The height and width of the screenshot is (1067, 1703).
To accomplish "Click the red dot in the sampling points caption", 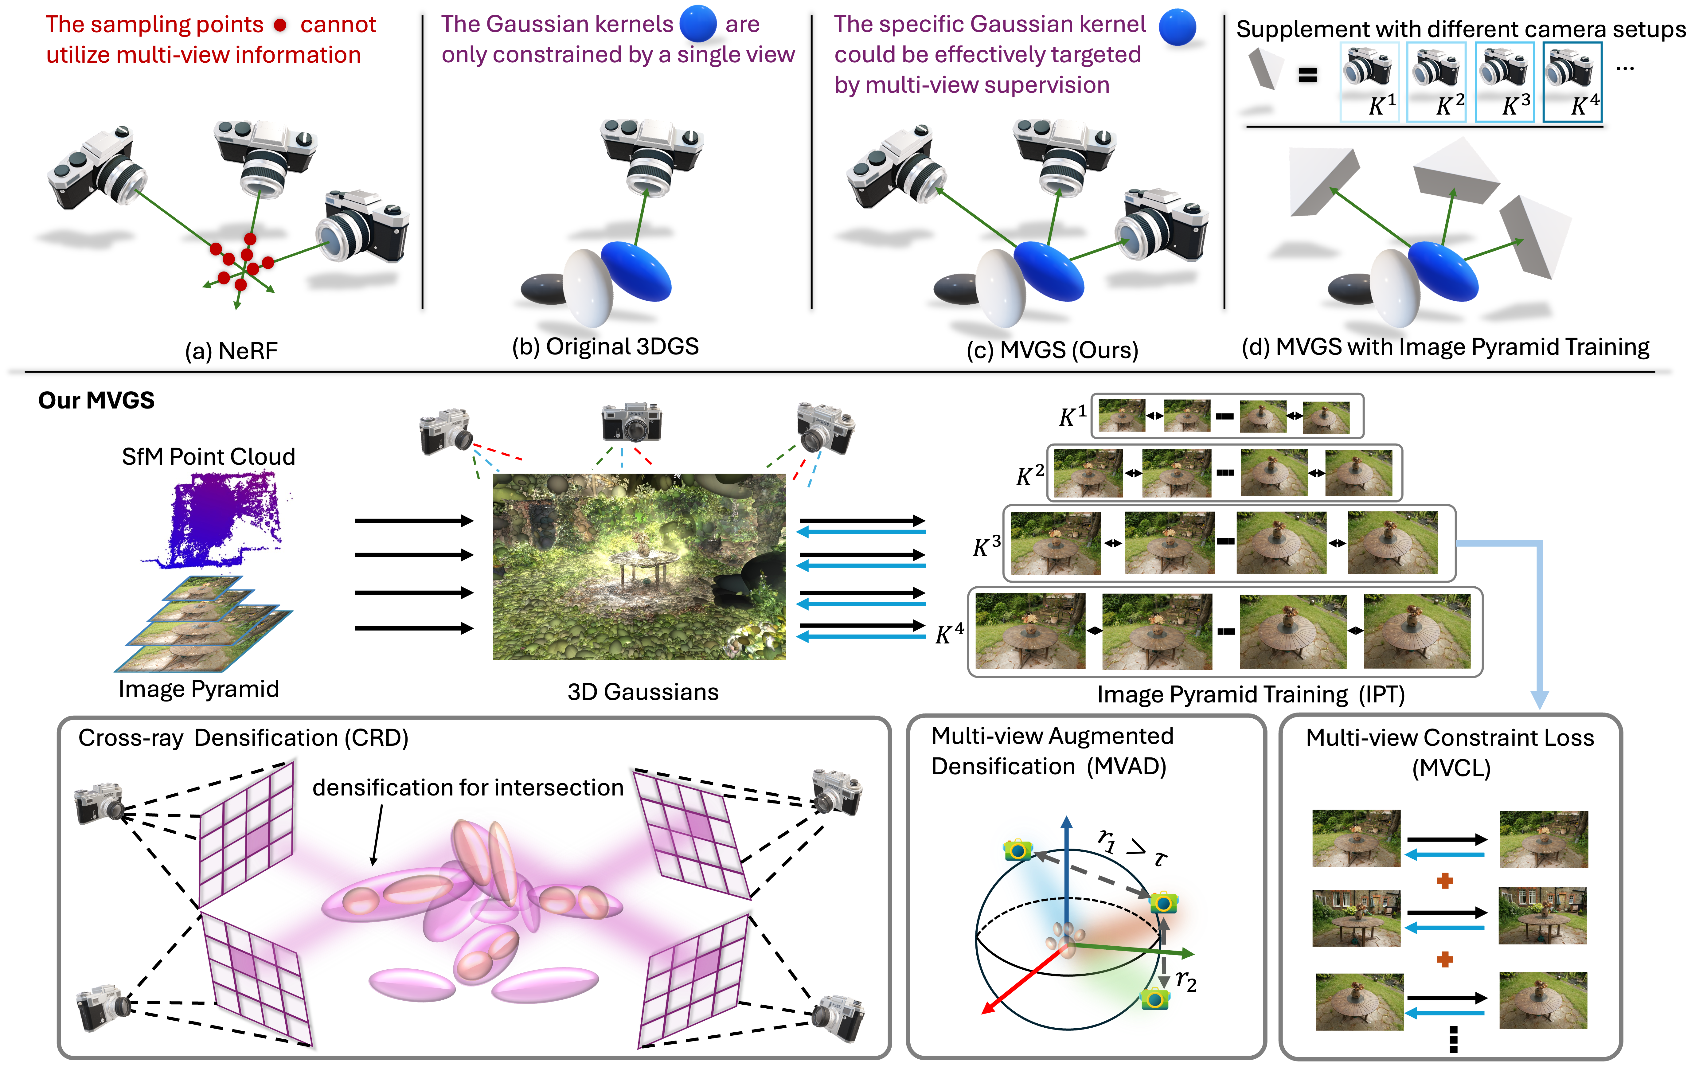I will pyautogui.click(x=280, y=25).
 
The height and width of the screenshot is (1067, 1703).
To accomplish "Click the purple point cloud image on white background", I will pyautogui.click(x=216, y=519).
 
